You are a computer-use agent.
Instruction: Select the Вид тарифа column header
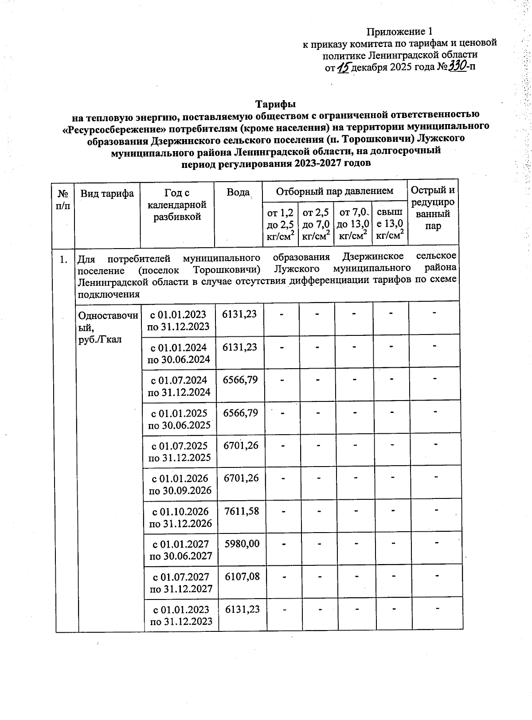click(107, 193)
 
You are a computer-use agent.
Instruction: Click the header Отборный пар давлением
click(335, 191)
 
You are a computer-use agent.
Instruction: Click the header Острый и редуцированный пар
click(433, 208)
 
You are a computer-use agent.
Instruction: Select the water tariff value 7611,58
click(242, 511)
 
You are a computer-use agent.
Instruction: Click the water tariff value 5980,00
click(242, 543)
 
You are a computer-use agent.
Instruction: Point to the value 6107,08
click(242, 576)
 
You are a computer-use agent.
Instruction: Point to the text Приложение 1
click(399, 31)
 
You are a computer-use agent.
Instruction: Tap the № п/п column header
click(63, 200)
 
